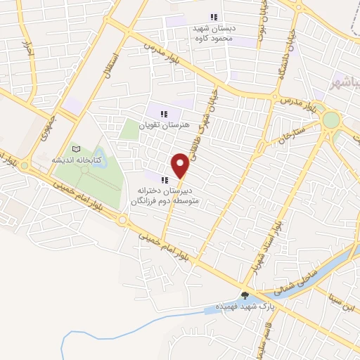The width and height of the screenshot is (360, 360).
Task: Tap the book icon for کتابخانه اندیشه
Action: pyautogui.click(x=77, y=149)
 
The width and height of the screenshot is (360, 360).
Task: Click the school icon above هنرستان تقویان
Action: pyautogui.click(x=164, y=114)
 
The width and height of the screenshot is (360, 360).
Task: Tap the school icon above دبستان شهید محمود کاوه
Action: pyautogui.click(x=214, y=18)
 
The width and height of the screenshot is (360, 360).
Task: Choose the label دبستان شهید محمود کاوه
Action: pyautogui.click(x=215, y=33)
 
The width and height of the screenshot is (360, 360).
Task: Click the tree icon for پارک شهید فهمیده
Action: pyautogui.click(x=245, y=296)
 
